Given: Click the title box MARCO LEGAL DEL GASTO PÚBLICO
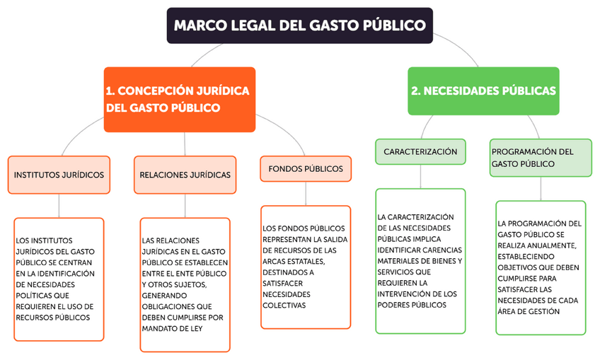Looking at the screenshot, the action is [300, 25].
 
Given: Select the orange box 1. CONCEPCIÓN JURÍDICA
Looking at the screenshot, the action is [179, 99].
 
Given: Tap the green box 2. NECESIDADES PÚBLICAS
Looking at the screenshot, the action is [483, 91].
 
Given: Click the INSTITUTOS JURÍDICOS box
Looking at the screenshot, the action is [59, 175].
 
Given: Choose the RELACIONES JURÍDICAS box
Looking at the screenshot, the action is [185, 175].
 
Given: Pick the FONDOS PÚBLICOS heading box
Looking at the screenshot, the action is [306, 169].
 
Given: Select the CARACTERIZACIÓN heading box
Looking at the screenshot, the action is [420, 152].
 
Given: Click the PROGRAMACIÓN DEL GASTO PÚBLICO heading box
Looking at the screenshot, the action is [541, 157].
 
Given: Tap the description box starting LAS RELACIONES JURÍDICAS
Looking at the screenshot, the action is [185, 284].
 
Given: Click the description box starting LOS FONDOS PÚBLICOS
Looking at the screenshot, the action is [306, 267].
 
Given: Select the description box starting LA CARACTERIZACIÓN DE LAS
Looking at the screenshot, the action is [420, 260].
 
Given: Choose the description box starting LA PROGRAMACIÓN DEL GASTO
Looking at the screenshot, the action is [541, 267].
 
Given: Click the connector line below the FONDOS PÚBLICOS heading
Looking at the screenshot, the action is [306, 194].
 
